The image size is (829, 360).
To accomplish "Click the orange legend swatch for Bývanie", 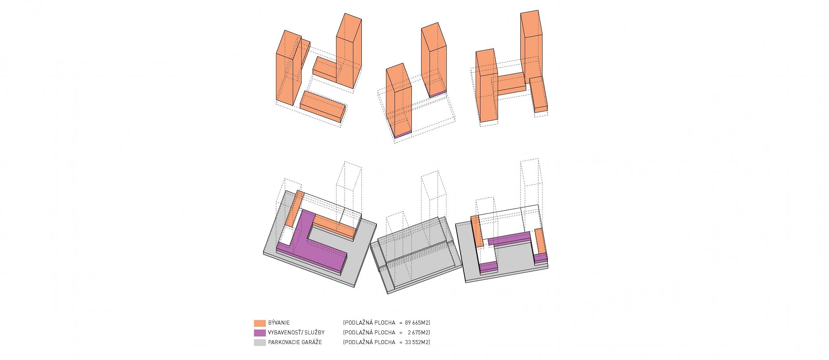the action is pos(260,323).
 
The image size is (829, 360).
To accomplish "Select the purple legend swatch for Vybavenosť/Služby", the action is pos(260,333).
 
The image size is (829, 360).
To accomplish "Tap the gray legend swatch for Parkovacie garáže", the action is pos(260,342).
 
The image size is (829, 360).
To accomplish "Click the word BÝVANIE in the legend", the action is pos(279,323).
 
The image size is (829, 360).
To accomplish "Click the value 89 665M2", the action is pos(417,323).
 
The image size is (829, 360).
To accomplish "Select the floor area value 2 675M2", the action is pos(418,333).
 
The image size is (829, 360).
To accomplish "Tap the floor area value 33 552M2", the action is pos(417,342).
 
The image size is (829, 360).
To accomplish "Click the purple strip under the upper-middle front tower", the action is pos(403,134).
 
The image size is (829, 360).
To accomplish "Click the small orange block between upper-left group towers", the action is pos(325,69).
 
